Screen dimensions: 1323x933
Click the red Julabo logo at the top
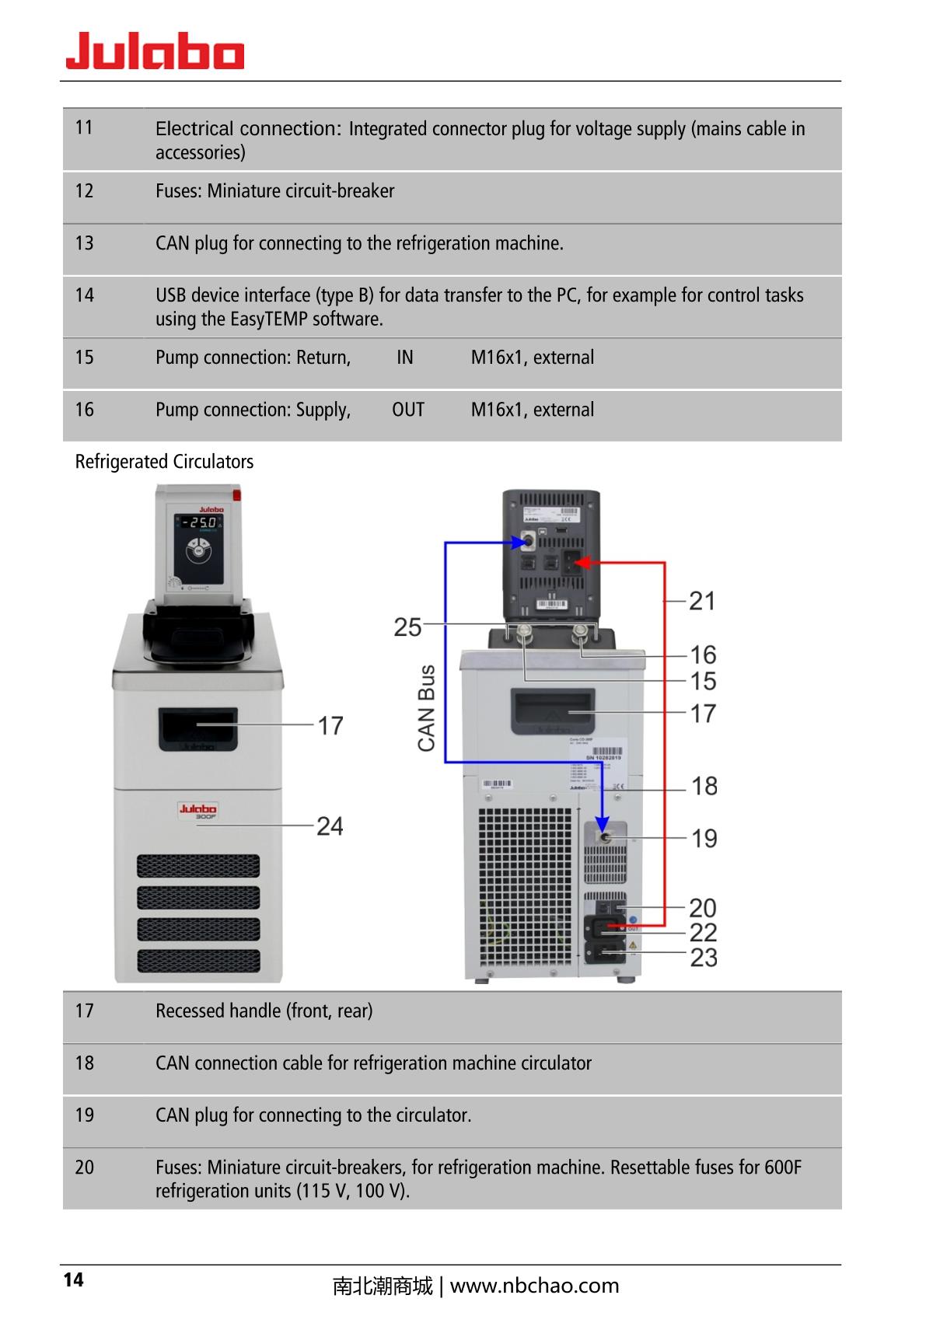click(155, 51)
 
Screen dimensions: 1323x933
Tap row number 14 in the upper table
click(84, 295)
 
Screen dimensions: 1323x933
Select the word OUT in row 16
click(408, 410)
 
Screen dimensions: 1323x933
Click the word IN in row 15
click(405, 358)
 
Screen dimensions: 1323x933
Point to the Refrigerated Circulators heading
click(164, 462)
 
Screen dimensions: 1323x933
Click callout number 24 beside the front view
click(330, 826)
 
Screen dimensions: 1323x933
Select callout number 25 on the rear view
click(407, 627)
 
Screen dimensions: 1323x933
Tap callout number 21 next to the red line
click(702, 601)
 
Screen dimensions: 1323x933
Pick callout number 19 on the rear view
click(704, 839)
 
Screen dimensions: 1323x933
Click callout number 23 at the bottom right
click(704, 958)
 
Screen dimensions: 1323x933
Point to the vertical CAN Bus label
click(427, 708)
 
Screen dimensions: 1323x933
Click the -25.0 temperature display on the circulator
click(199, 522)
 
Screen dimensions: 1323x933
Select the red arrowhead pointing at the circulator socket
click(587, 561)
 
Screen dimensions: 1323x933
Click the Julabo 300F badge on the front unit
click(198, 812)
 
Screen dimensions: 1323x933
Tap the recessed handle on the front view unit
click(198, 728)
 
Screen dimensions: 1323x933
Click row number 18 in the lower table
click(84, 1063)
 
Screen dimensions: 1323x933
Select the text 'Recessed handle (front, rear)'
click(264, 1011)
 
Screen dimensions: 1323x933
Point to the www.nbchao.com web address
click(534, 1286)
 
